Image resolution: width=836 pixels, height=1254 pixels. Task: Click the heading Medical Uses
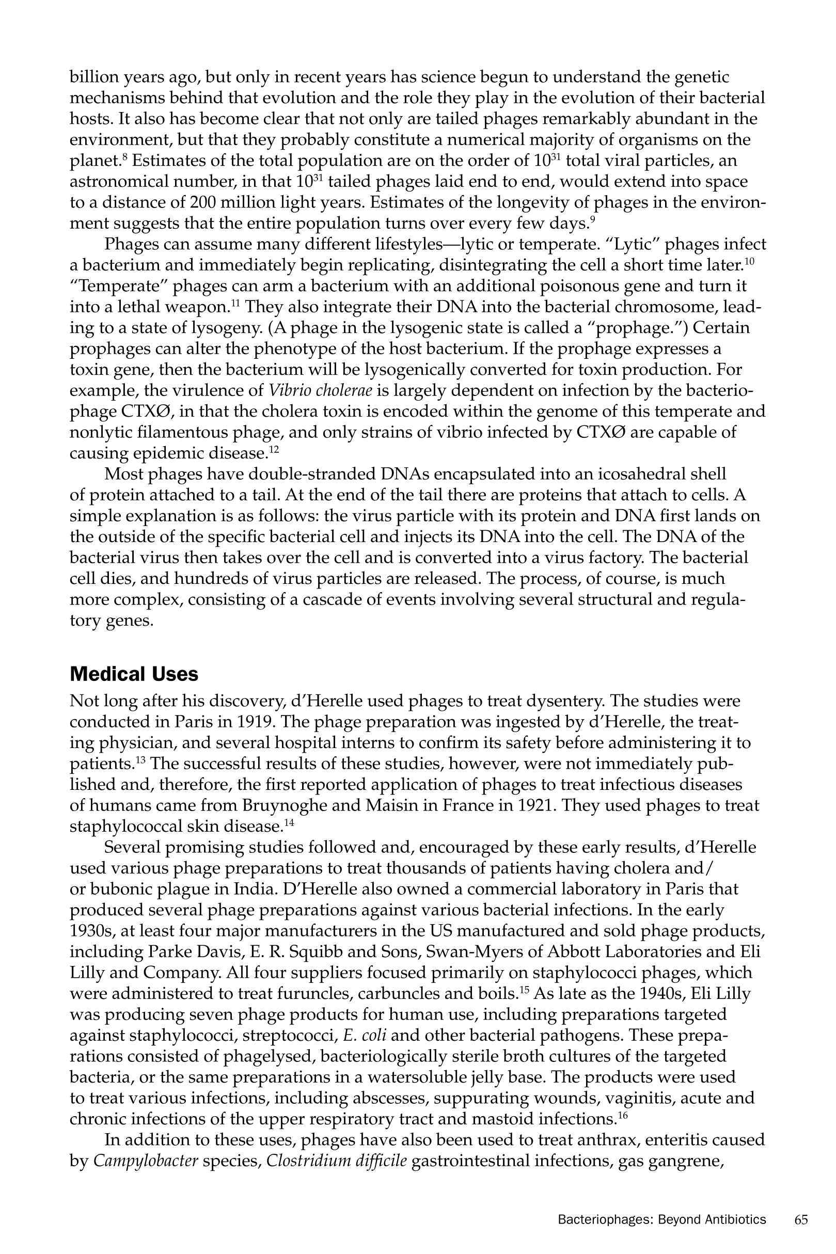pos(134,674)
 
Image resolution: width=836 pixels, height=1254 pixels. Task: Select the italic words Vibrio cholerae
pos(321,391)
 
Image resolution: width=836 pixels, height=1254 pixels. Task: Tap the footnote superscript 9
pos(592,219)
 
